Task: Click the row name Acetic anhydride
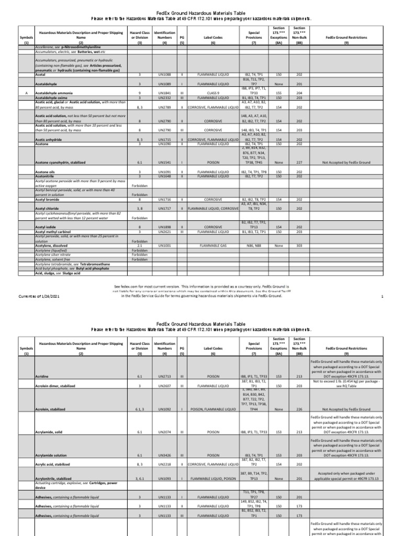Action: click(50, 140)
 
